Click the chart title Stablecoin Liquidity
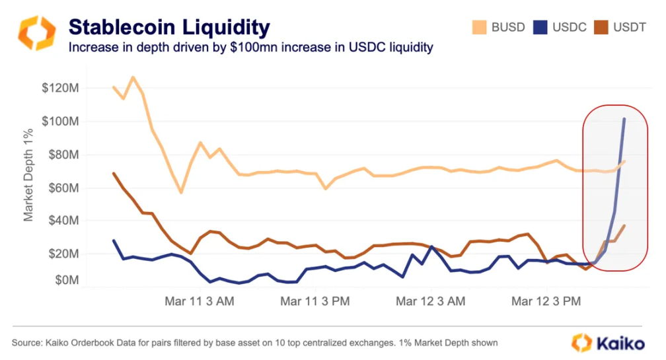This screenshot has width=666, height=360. (169, 27)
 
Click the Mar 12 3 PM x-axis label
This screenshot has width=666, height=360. (548, 301)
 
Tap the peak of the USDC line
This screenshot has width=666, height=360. (624, 120)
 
